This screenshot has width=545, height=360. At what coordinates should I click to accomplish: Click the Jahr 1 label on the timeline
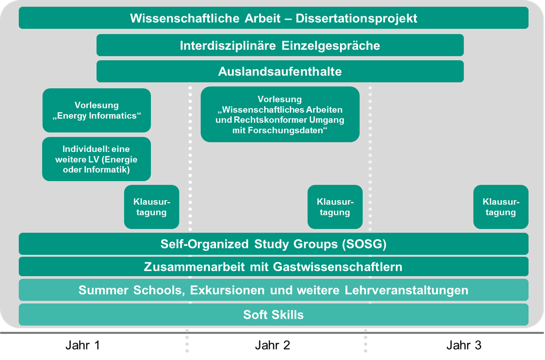83,345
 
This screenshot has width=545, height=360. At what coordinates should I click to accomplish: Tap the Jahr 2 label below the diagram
273,345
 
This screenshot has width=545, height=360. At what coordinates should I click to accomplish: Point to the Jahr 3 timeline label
464,345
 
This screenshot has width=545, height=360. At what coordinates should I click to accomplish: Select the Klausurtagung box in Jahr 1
151,207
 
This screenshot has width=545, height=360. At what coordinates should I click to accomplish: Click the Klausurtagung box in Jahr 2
335,207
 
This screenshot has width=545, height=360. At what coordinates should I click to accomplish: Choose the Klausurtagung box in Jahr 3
501,207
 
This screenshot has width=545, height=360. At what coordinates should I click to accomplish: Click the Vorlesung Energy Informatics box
97,110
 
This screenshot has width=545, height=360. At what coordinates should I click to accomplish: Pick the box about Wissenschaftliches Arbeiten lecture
280,114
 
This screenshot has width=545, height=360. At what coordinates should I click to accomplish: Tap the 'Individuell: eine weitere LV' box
96,159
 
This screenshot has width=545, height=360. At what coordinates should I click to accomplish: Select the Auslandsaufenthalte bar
280,72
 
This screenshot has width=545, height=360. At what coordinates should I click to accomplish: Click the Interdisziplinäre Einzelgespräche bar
280,45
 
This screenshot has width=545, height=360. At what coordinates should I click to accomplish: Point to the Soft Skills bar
274,315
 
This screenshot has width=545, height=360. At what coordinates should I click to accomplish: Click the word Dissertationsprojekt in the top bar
357,19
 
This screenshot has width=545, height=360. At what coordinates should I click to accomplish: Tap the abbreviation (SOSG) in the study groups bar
364,244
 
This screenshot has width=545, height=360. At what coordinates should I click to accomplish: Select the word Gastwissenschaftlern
338,267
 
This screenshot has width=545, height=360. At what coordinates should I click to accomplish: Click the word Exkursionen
227,290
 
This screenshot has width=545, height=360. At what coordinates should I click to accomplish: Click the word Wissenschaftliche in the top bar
184,18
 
